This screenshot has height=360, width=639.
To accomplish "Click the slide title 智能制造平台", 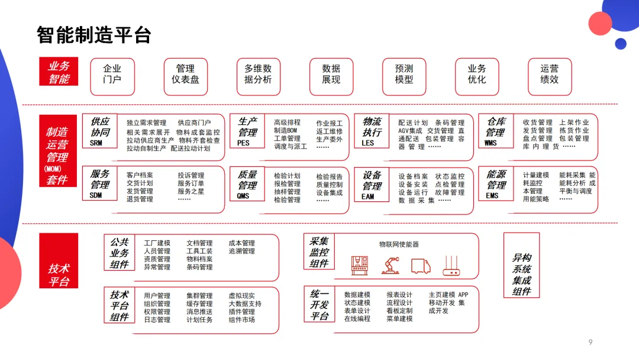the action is (x=94, y=35).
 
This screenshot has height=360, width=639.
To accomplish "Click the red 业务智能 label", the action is (x=59, y=73).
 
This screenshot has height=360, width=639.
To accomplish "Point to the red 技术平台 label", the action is (x=59, y=275).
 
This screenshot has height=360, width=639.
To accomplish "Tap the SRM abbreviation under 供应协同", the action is (x=96, y=143).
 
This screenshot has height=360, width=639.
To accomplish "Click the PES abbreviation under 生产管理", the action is (x=243, y=143).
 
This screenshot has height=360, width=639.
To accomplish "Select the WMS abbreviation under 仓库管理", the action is (x=490, y=143).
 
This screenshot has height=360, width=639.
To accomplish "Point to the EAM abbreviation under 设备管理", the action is (x=367, y=197).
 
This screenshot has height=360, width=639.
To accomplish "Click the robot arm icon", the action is (x=390, y=265).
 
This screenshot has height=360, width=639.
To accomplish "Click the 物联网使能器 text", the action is (x=399, y=244).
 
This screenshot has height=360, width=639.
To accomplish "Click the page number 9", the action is (x=590, y=342).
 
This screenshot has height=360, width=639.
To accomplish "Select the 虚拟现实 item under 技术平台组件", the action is (x=241, y=295).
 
